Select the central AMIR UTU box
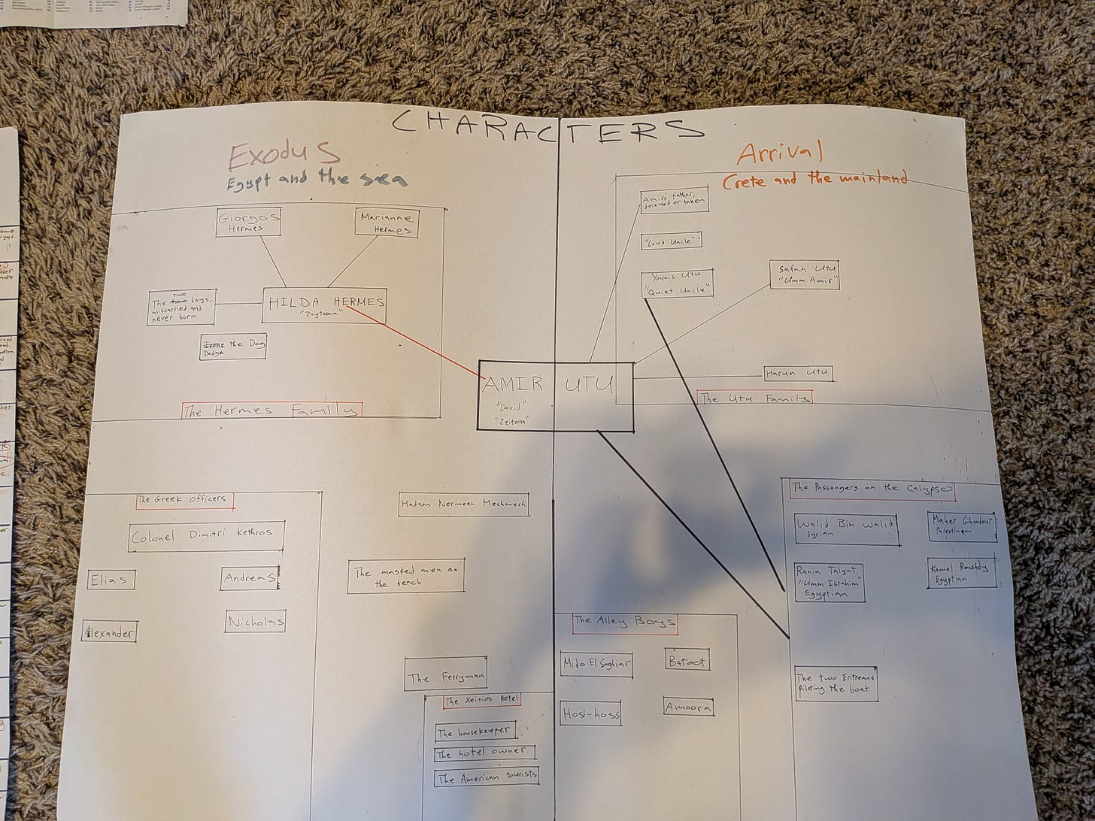(x=556, y=396)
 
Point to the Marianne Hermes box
(x=385, y=223)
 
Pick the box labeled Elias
(x=111, y=580)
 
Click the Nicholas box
(x=256, y=622)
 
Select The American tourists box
(x=487, y=777)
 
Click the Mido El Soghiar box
(x=597, y=664)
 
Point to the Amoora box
(x=688, y=707)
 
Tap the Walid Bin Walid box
(x=846, y=529)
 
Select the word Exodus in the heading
(x=284, y=156)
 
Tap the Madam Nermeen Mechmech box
(x=463, y=504)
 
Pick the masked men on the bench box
(x=406, y=577)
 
